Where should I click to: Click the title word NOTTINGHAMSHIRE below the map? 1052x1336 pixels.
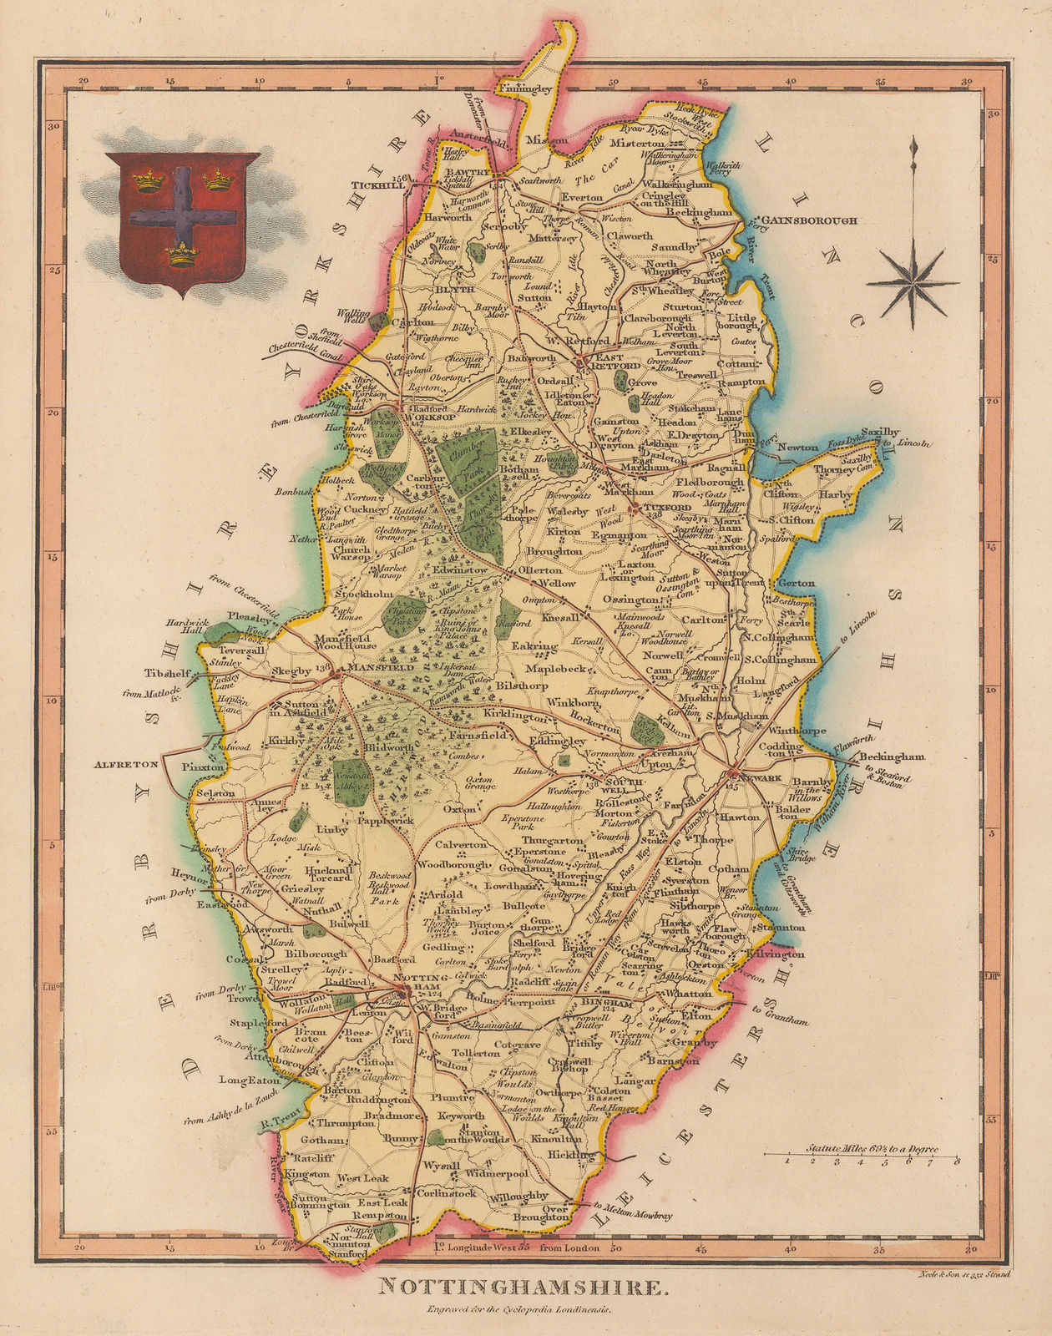pos(524,1288)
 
